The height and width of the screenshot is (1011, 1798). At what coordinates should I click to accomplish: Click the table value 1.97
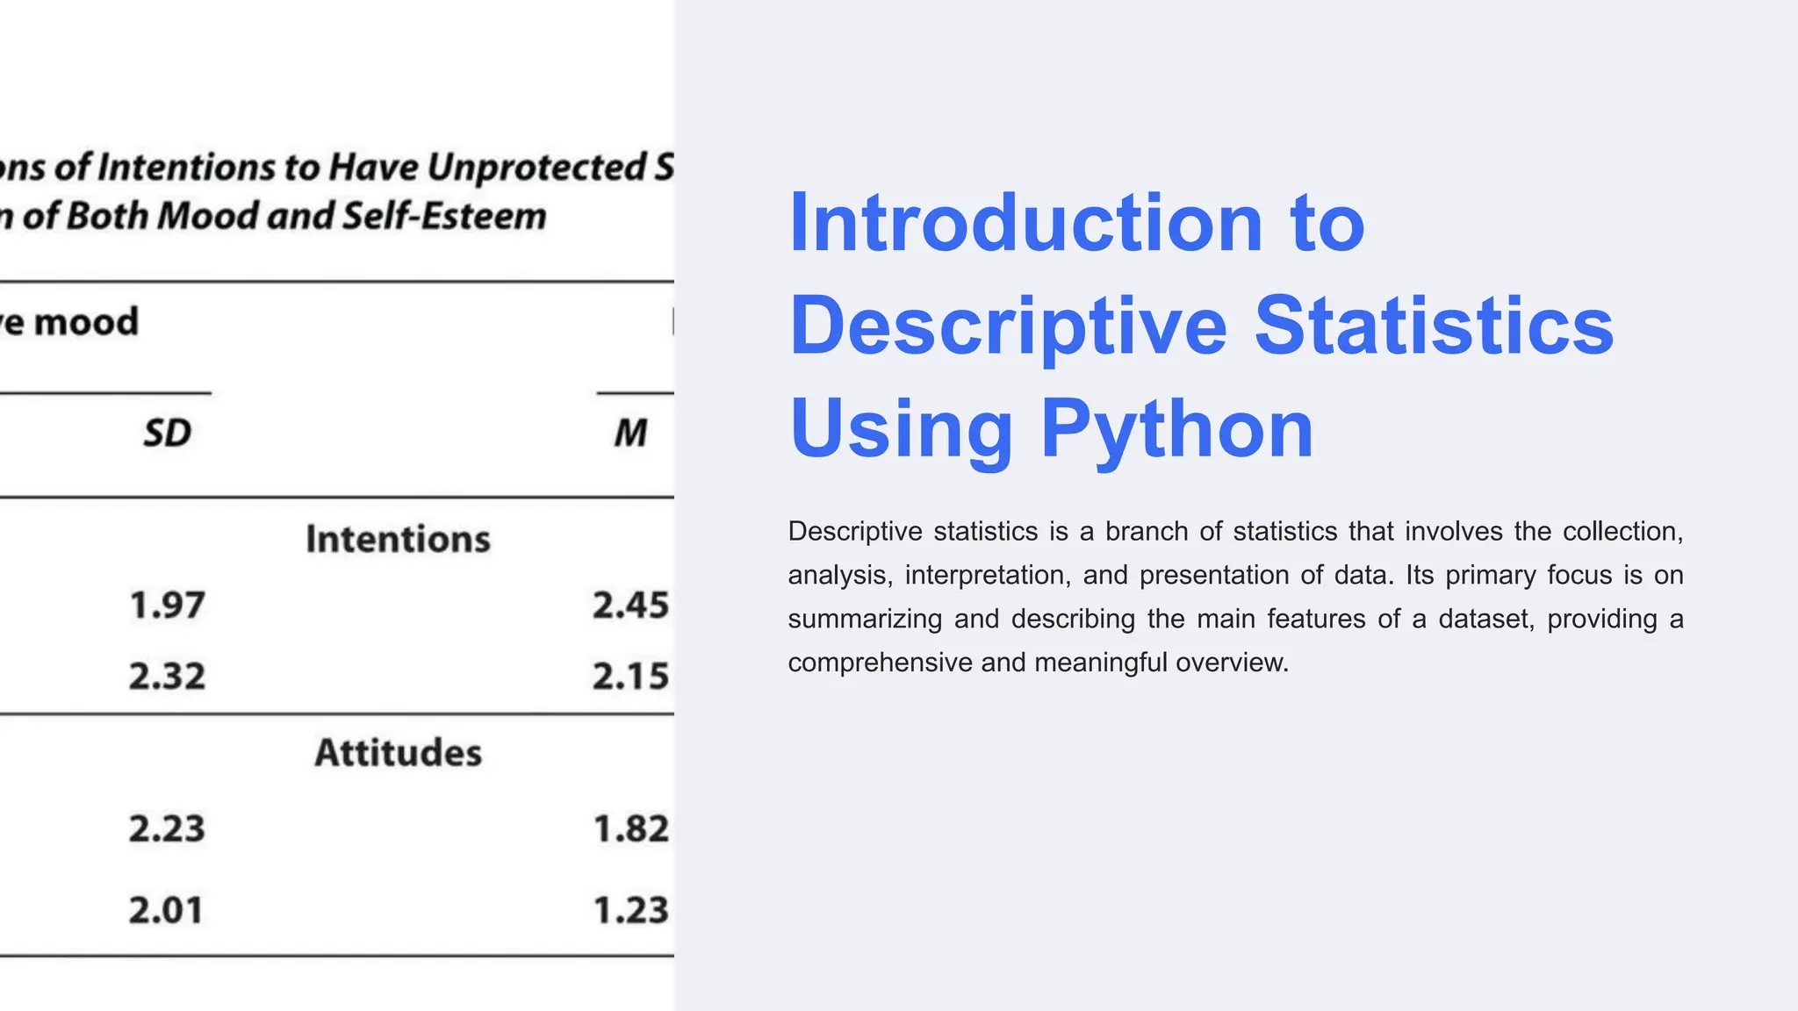[167, 606]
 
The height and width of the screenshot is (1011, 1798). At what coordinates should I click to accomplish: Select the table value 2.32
[167, 677]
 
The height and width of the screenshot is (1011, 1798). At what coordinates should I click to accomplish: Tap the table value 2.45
[630, 606]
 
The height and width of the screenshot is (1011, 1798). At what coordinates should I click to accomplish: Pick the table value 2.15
[630, 677]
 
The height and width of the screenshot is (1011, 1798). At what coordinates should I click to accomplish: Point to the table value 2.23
[167, 829]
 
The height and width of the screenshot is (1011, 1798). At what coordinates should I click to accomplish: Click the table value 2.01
[166, 910]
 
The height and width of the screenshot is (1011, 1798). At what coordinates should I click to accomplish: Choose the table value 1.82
[631, 829]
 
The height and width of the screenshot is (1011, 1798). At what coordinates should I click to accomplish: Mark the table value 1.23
[631, 910]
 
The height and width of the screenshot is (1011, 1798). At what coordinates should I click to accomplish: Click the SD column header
[167, 434]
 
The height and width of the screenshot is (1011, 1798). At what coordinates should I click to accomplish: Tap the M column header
[630, 434]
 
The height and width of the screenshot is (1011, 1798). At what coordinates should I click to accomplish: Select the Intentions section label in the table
[398, 539]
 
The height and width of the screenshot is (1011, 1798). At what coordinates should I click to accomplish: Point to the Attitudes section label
[399, 753]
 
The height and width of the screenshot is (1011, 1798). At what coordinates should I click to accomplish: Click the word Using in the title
[901, 430]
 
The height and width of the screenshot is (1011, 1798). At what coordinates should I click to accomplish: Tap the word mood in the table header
[86, 322]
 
